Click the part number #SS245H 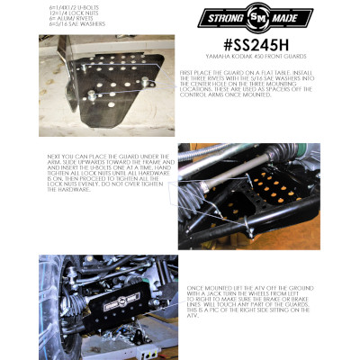tap(235, 44)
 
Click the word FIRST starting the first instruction tap(186, 70)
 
